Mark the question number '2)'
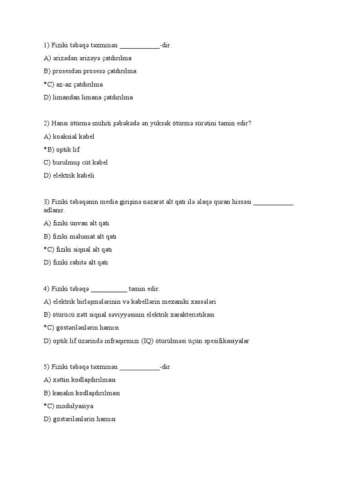pyautogui.click(x=46, y=123)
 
